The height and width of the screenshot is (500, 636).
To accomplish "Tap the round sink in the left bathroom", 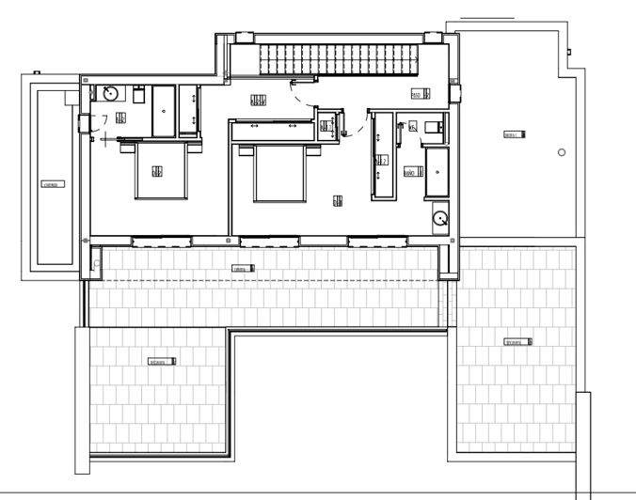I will click(109, 92).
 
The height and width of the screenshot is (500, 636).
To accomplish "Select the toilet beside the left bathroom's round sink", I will click(137, 96).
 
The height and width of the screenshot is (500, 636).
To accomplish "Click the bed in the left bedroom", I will click(157, 171).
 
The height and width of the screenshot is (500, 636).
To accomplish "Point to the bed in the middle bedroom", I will click(280, 174).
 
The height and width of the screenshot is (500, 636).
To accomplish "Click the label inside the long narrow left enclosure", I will click(50, 185).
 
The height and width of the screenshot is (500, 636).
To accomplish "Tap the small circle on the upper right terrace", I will click(562, 153).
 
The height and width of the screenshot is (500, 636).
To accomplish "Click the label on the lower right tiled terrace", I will click(514, 341).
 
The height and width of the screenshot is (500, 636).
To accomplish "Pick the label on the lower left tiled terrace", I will click(162, 361).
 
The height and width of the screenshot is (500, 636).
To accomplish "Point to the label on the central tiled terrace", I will click(243, 269).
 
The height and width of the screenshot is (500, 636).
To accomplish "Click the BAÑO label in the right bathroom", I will click(410, 173).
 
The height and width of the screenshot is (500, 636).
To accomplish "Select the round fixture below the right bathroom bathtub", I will click(439, 219).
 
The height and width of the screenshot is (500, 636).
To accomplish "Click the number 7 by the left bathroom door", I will click(104, 118).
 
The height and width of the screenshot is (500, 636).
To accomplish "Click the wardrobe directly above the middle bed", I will click(272, 130).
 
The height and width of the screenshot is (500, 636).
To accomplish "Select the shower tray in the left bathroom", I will click(165, 112).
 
